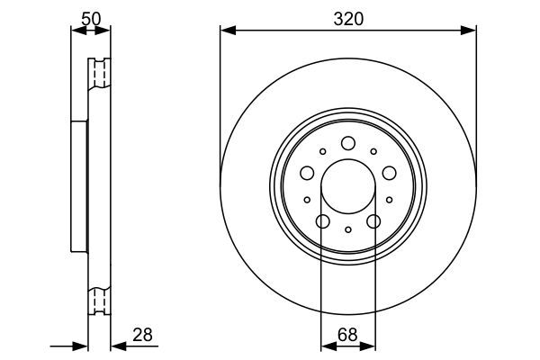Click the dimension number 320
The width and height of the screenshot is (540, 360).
pos(347,19)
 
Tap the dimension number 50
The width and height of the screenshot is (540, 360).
pos(90,19)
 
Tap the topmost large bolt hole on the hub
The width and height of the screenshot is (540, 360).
pos(348,143)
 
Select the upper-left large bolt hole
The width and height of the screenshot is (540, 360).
pos(307,173)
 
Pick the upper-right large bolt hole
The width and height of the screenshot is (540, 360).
pos(390,173)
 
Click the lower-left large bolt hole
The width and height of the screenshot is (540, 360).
pos(322,222)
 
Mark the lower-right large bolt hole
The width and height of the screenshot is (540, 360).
pos(374,222)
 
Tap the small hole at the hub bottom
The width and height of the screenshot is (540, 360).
pos(348,231)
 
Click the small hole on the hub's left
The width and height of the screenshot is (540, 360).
pos(307,200)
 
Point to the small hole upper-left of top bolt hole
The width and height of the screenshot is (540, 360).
pos(323,152)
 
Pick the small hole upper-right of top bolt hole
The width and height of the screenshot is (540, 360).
pos(373,152)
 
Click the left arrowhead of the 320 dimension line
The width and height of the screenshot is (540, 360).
pos(226,31)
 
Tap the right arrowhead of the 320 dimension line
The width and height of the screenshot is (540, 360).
pos(471,31)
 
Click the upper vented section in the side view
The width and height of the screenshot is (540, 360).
pos(98,74)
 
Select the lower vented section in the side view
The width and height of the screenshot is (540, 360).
pos(98,300)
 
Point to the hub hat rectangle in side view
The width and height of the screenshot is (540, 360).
pos(80,188)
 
